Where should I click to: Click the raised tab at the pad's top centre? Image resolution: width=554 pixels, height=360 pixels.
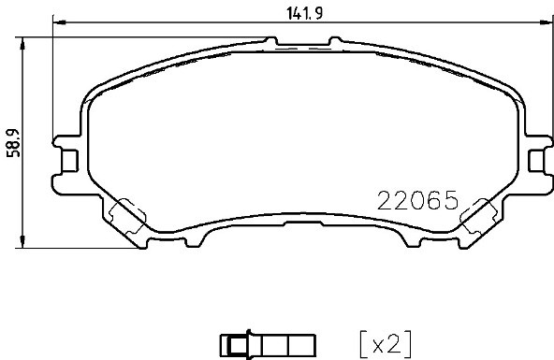[x=300, y=40]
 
